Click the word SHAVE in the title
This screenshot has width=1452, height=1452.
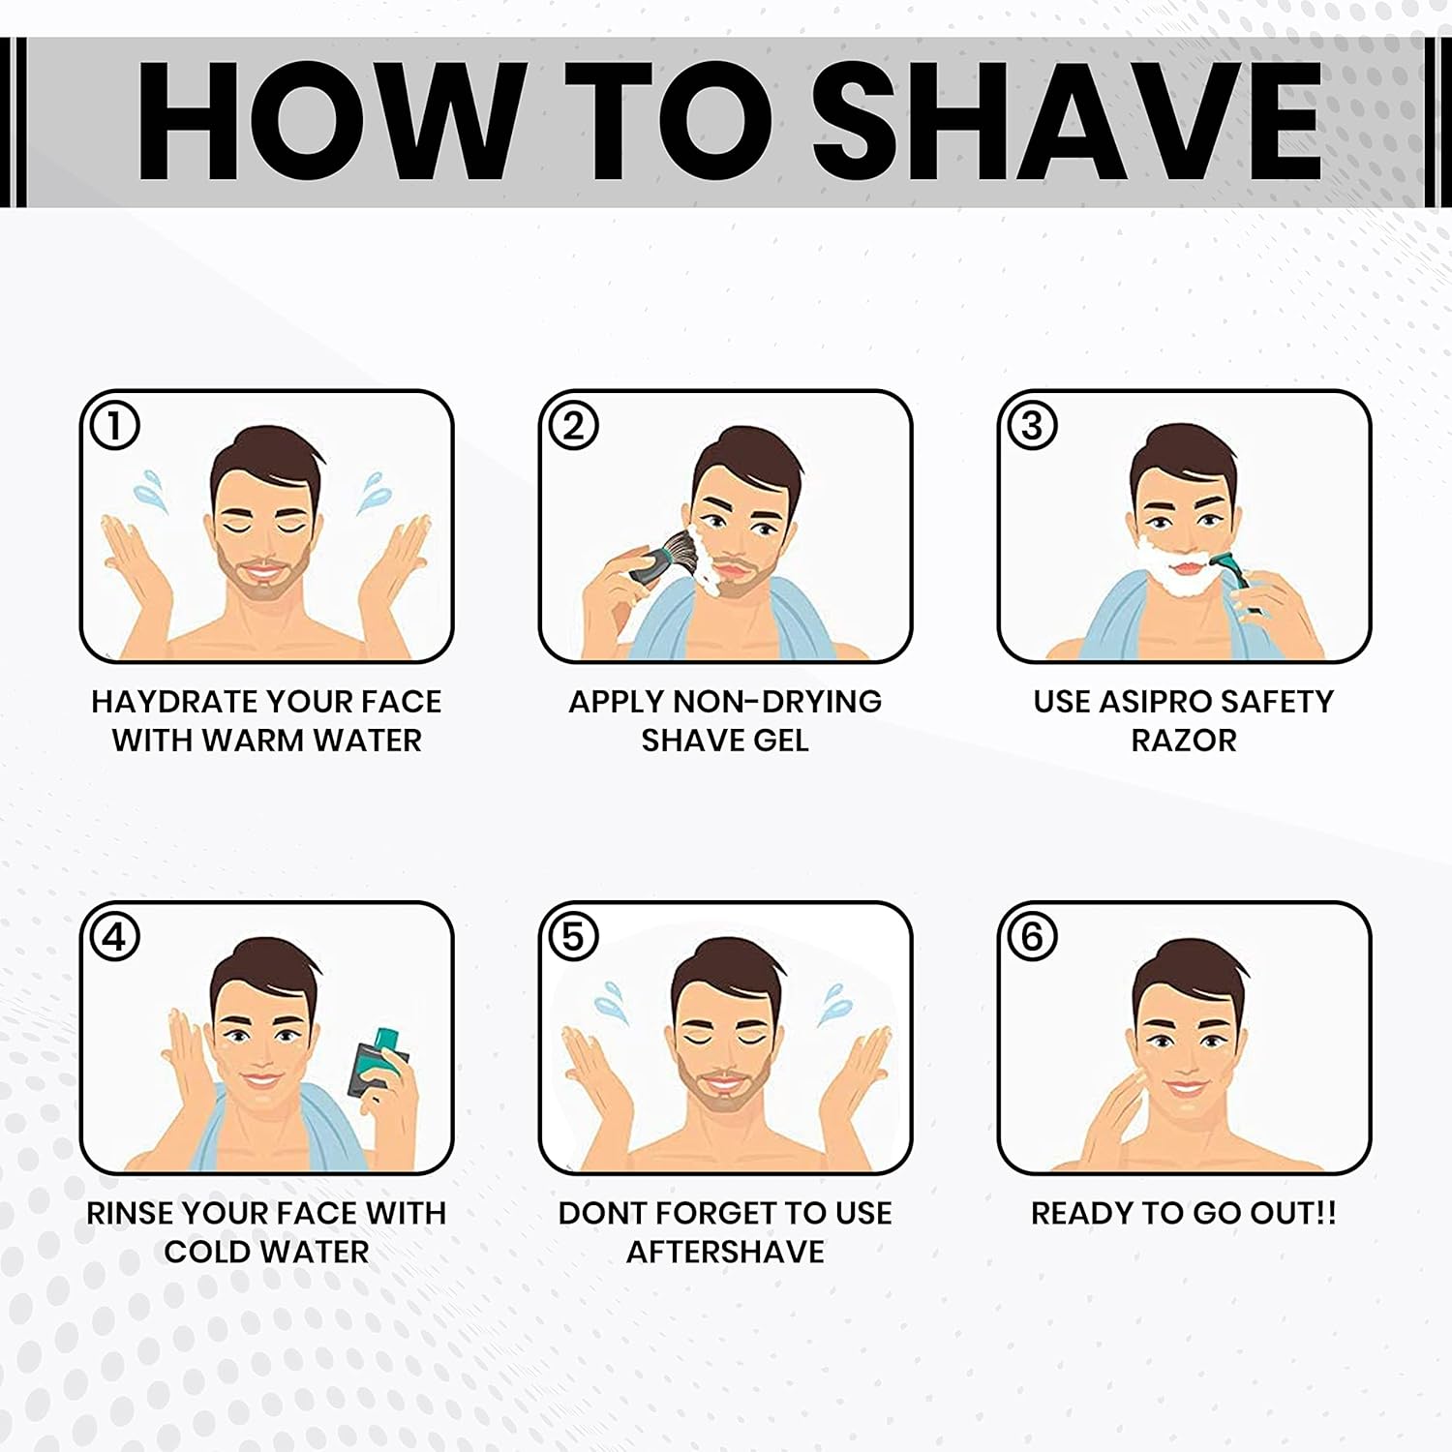(x=1067, y=121)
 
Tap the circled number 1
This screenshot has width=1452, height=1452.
(x=114, y=426)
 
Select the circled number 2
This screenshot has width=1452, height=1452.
(x=573, y=426)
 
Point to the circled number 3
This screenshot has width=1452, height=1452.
(x=1032, y=426)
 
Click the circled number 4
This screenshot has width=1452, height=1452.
(x=114, y=937)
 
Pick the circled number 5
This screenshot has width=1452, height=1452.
(x=573, y=937)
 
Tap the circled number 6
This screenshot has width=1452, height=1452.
(x=1032, y=937)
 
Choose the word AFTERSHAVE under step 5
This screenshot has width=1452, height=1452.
(x=725, y=1252)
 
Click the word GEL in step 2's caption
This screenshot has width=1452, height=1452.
(x=780, y=741)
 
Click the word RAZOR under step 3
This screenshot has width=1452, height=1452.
(x=1184, y=741)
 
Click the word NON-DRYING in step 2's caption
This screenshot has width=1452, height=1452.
(x=776, y=701)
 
